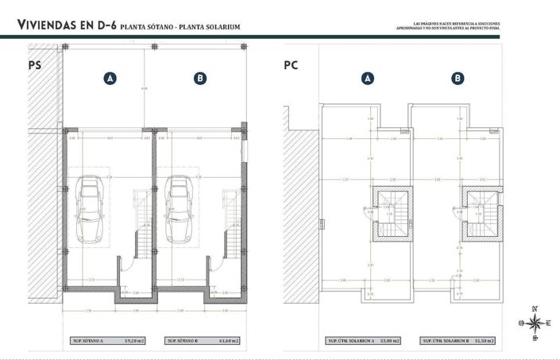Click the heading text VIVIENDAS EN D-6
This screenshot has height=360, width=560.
(x=67, y=27)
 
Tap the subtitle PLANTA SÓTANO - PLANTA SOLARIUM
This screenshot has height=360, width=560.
(x=180, y=28)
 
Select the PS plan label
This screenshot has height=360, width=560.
(x=35, y=66)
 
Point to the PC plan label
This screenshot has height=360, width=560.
(x=291, y=66)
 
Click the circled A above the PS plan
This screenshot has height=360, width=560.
(x=110, y=78)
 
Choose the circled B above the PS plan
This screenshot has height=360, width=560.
(x=200, y=78)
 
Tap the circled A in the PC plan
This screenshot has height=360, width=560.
(x=367, y=78)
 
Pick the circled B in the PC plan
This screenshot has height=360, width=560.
(x=458, y=78)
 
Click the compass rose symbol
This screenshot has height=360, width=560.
(x=535, y=323)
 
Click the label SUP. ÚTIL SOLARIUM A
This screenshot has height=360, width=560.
(x=350, y=341)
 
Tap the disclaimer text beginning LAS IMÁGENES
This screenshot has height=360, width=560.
(x=448, y=26)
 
